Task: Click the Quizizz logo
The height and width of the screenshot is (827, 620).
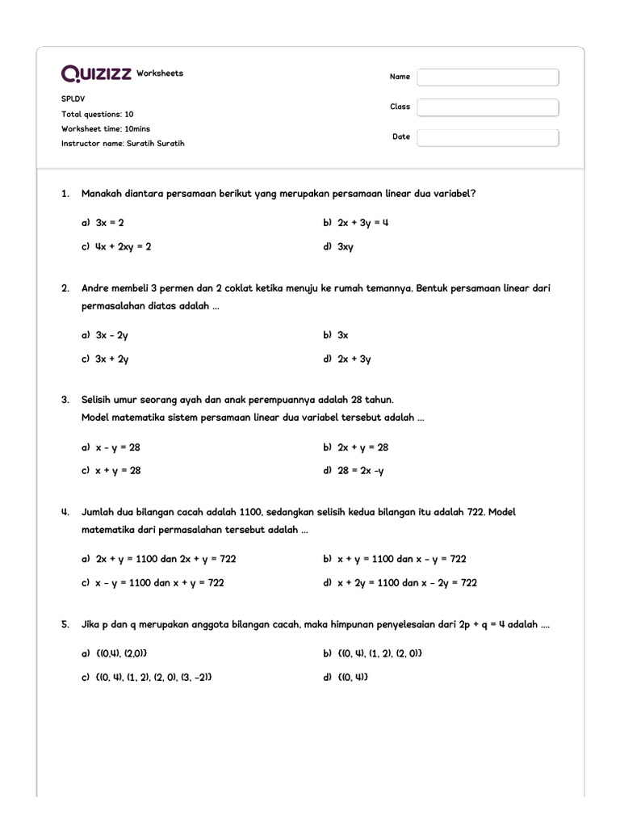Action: click(x=97, y=73)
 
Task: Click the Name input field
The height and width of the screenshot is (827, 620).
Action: click(x=488, y=78)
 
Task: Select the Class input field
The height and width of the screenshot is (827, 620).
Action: click(x=488, y=107)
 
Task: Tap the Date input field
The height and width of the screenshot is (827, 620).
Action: click(x=488, y=137)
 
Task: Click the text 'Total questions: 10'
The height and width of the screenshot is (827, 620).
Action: click(x=98, y=115)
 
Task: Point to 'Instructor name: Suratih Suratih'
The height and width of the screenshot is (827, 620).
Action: click(x=123, y=144)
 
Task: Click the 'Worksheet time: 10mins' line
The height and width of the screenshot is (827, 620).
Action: click(x=106, y=129)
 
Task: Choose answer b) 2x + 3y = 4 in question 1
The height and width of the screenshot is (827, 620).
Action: click(x=362, y=222)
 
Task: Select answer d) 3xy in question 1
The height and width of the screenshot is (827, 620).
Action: click(x=345, y=247)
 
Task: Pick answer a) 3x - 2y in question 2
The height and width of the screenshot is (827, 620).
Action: click(x=111, y=335)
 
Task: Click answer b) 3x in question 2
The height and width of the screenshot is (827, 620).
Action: click(x=342, y=335)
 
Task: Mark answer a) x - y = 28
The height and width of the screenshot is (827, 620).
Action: click(x=117, y=447)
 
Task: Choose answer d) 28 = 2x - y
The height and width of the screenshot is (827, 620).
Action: click(x=360, y=471)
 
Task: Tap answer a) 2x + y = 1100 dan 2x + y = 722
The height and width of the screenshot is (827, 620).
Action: click(x=165, y=559)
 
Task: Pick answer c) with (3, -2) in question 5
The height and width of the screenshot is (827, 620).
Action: click(x=154, y=678)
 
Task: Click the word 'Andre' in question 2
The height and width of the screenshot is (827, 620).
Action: click(x=95, y=288)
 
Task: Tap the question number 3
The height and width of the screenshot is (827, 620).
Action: click(x=65, y=400)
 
